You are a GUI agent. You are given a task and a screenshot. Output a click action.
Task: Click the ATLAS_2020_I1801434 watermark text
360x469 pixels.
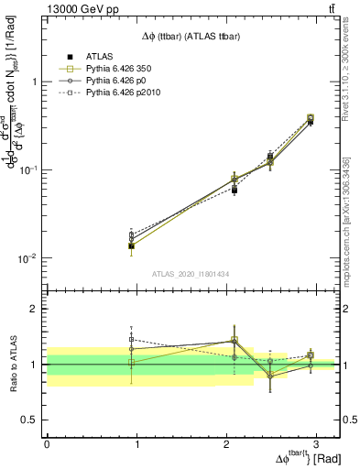(x=190, y=274)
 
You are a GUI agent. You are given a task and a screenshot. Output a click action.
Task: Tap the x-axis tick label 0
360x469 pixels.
(x=47, y=443)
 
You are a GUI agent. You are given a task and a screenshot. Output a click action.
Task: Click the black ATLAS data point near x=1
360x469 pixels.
(x=132, y=245)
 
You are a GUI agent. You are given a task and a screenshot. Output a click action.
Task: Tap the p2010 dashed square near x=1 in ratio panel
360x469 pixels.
(x=132, y=339)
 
